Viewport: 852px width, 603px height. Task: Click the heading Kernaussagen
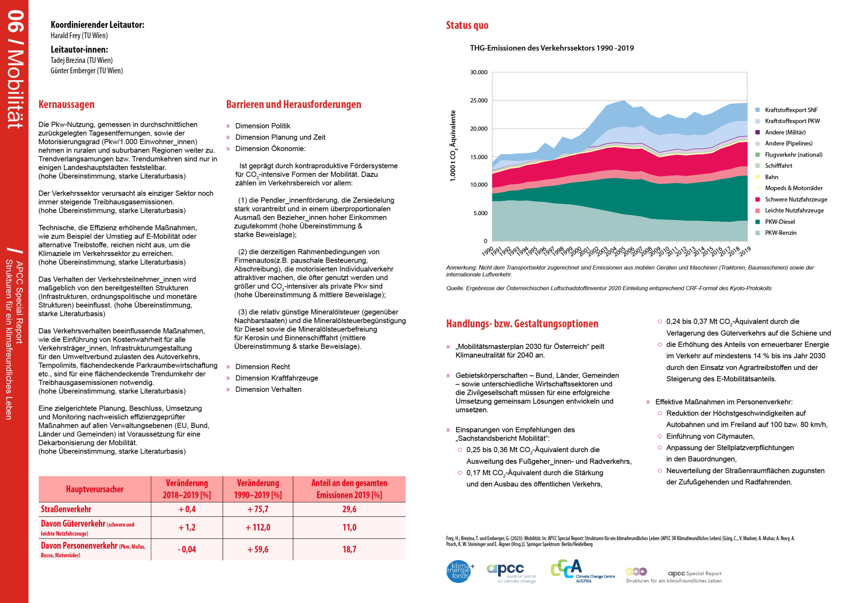pyautogui.click(x=66, y=105)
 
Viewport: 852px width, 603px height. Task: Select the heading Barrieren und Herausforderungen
pyautogui.click(x=294, y=105)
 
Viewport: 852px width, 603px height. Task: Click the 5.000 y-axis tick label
pyautogui.click(x=480, y=213)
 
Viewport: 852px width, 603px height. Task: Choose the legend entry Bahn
pyautogui.click(x=771, y=177)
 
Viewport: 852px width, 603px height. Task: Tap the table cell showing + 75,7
pyautogui.click(x=258, y=509)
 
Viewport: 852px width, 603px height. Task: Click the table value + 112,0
pyautogui.click(x=258, y=527)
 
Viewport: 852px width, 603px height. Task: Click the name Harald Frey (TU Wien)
pyautogui.click(x=79, y=36)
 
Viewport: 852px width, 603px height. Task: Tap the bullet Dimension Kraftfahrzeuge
pyautogui.click(x=277, y=378)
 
